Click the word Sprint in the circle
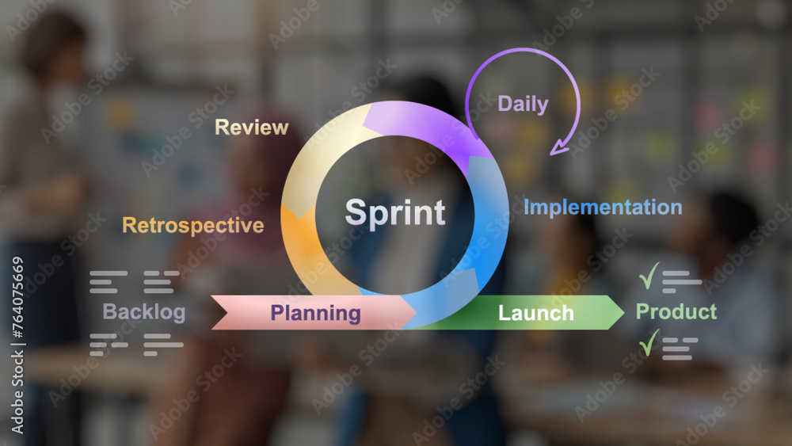click(x=395, y=213)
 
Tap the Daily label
click(x=523, y=104)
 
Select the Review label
click(x=251, y=127)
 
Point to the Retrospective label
click(x=192, y=225)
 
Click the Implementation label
click(x=602, y=208)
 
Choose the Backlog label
click(x=143, y=311)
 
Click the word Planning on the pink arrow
click(x=315, y=313)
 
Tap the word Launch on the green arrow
click(x=535, y=313)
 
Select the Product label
click(x=676, y=311)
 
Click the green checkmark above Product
click(x=649, y=276)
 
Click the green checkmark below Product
click(x=649, y=344)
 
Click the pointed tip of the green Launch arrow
click(x=622, y=312)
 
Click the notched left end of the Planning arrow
click(x=219, y=312)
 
